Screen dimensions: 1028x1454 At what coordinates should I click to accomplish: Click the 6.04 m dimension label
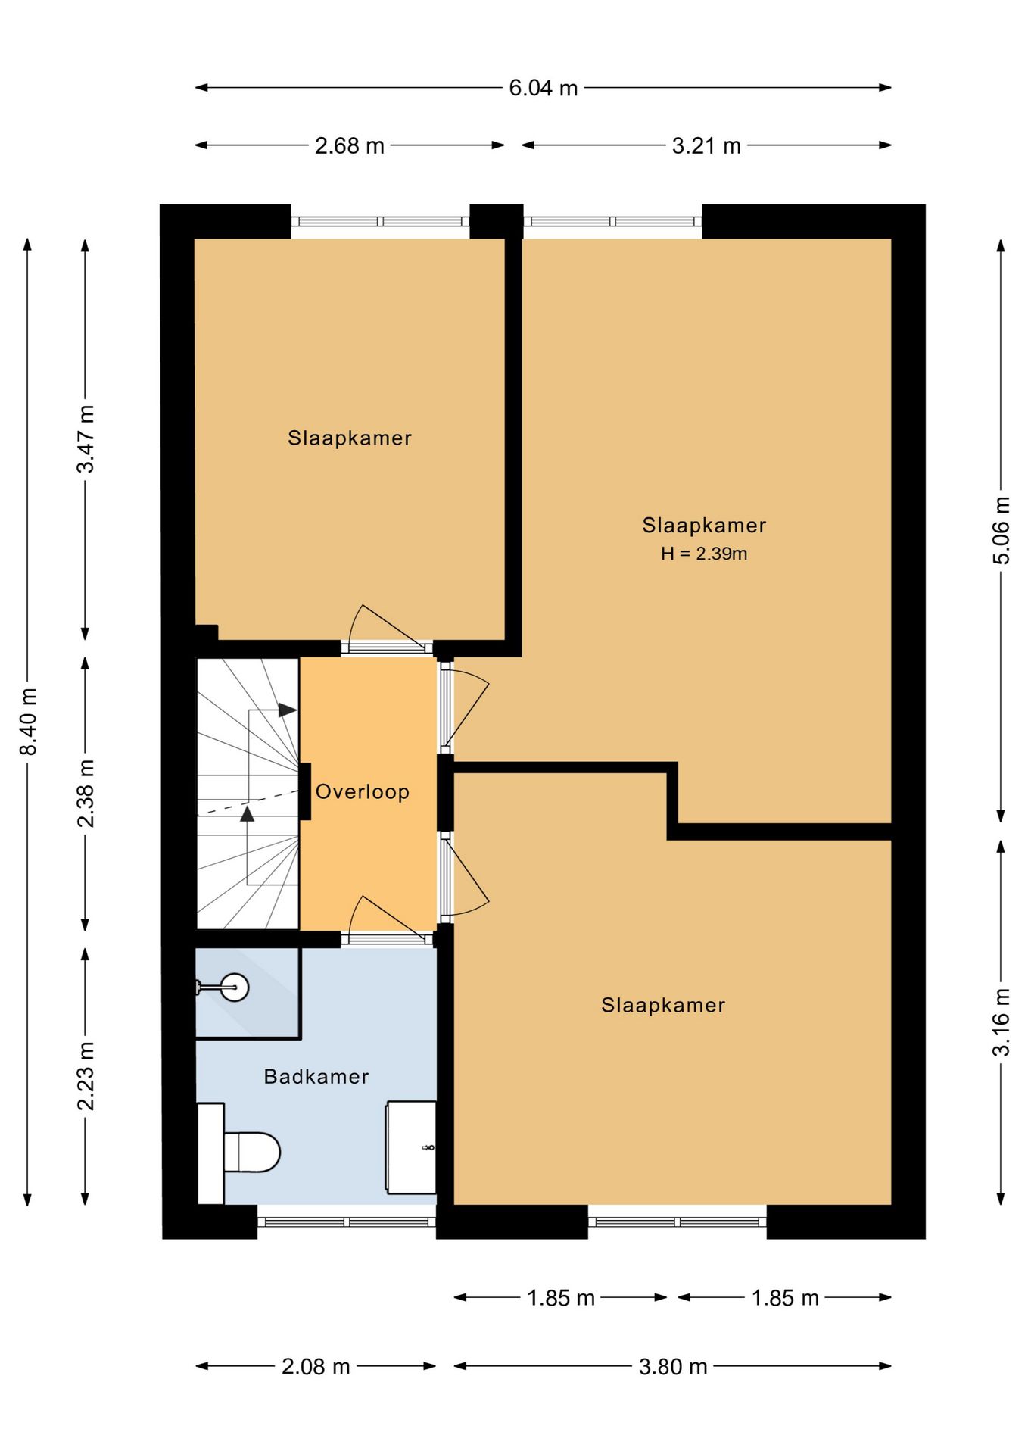543,88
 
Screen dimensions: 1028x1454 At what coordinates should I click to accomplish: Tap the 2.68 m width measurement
350,145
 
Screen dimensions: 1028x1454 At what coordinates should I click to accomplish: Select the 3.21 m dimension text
706,145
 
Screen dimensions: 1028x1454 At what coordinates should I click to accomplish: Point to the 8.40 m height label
28,722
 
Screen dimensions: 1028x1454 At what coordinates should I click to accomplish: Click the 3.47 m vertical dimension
86,439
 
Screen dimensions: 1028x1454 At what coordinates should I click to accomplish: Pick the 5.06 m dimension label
1001,530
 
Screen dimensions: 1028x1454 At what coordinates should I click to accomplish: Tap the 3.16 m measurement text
1001,1022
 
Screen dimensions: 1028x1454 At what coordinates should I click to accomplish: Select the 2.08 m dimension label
316,1366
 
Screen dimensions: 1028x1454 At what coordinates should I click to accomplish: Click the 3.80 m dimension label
673,1366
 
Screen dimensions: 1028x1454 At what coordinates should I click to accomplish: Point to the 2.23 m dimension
86,1075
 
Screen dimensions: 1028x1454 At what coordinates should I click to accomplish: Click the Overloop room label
363,792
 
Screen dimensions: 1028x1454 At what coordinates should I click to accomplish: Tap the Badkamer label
316,1076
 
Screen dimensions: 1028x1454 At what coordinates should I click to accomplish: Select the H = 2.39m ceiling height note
704,554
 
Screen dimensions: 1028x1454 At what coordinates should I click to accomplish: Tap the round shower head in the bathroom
235,987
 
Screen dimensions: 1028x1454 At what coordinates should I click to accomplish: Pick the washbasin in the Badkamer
411,1147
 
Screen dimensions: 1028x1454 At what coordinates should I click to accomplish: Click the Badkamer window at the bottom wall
347,1222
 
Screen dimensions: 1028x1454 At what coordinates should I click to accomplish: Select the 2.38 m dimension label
86,793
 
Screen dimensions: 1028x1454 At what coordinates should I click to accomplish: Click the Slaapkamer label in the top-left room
350,438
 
